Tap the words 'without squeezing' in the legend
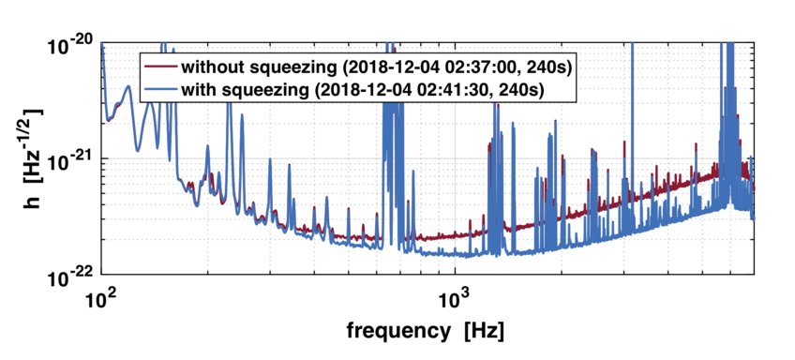(247, 67)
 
